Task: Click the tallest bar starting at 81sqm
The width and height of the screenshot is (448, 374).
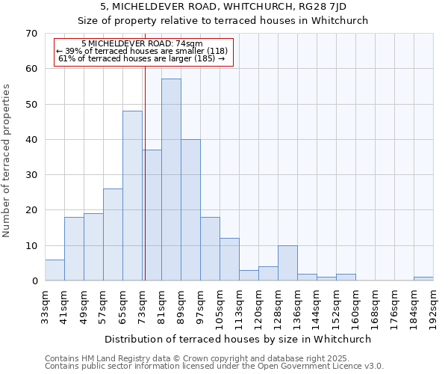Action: click(171, 180)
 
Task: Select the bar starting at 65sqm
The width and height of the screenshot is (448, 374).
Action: click(132, 196)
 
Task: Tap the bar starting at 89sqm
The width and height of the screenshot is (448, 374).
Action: click(190, 210)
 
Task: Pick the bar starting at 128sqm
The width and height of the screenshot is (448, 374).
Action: click(287, 263)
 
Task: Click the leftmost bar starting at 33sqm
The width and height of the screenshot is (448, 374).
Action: click(55, 270)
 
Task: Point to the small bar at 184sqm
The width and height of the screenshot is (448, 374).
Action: click(423, 279)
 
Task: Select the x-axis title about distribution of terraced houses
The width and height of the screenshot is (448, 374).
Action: click(238, 339)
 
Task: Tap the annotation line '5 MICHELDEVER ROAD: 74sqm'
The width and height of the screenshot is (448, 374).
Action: click(142, 44)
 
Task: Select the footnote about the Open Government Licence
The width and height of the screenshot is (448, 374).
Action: click(214, 367)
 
